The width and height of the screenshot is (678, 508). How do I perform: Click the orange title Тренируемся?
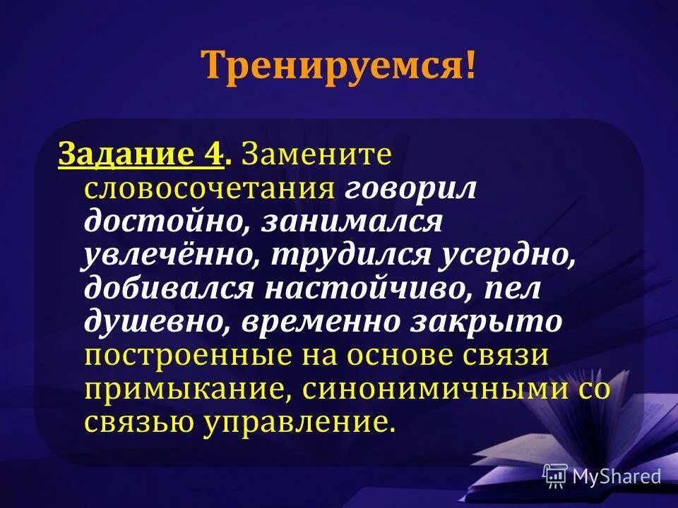(338, 66)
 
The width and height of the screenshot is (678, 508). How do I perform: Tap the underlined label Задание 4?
(141, 154)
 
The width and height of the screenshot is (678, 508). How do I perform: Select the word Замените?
(316, 154)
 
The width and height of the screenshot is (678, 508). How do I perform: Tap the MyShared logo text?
(616, 476)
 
